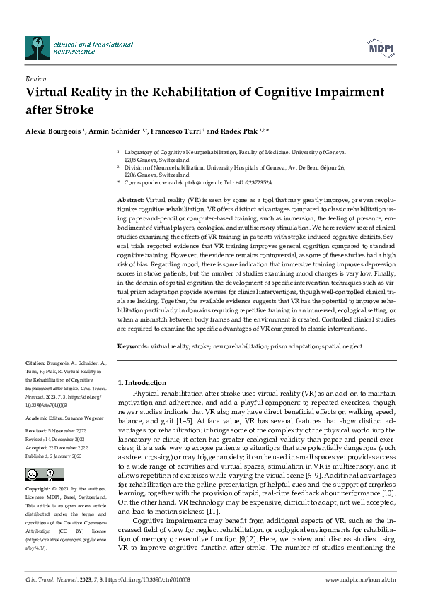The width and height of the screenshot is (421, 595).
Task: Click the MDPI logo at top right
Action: click(x=380, y=47)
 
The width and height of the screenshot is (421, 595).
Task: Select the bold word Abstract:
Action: click(x=131, y=201)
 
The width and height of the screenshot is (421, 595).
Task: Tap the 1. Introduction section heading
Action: click(x=142, y=382)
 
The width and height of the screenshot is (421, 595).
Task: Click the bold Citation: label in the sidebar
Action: click(x=36, y=361)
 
